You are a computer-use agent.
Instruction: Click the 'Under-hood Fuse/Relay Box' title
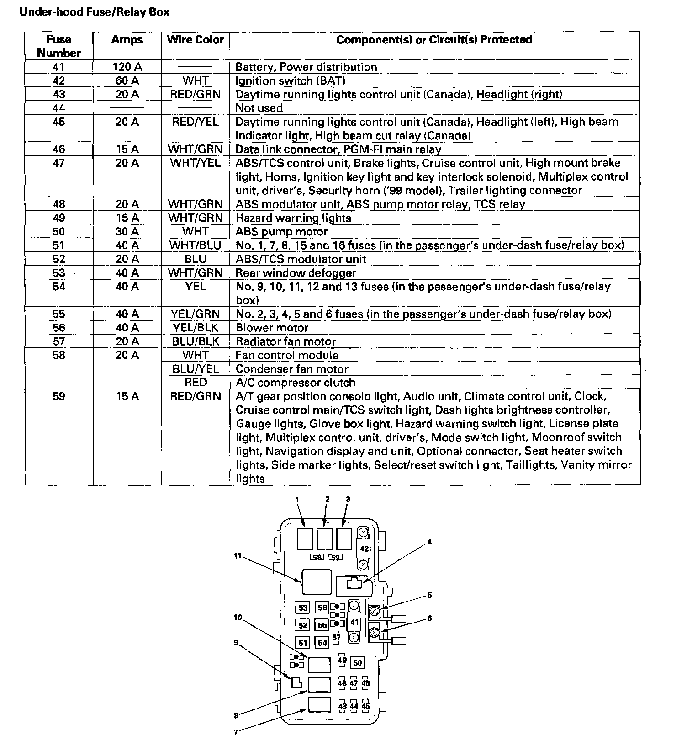(94, 12)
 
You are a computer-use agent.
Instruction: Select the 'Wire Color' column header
(196, 40)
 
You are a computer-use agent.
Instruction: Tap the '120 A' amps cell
(127, 67)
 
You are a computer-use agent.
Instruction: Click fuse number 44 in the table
(59, 108)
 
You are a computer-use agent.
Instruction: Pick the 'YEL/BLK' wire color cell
(196, 328)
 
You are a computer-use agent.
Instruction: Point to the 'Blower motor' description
(272, 328)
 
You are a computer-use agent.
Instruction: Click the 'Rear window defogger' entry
(296, 273)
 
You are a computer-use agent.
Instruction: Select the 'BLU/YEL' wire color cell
(196, 369)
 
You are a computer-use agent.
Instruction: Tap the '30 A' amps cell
(127, 232)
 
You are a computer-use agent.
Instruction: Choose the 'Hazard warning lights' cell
(293, 218)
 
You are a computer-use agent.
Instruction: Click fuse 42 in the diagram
(364, 549)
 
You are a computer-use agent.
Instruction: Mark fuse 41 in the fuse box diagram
(354, 622)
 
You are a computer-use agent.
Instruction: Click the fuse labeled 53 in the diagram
(303, 608)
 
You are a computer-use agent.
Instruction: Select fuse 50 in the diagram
(357, 662)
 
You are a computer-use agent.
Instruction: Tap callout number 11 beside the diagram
(237, 556)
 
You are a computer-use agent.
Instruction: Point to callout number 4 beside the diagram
(429, 542)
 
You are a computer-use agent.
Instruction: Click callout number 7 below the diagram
(236, 732)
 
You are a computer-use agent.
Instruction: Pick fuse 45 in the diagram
(365, 706)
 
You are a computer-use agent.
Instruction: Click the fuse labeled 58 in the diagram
(317, 557)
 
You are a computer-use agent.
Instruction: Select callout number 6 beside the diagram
(429, 618)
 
